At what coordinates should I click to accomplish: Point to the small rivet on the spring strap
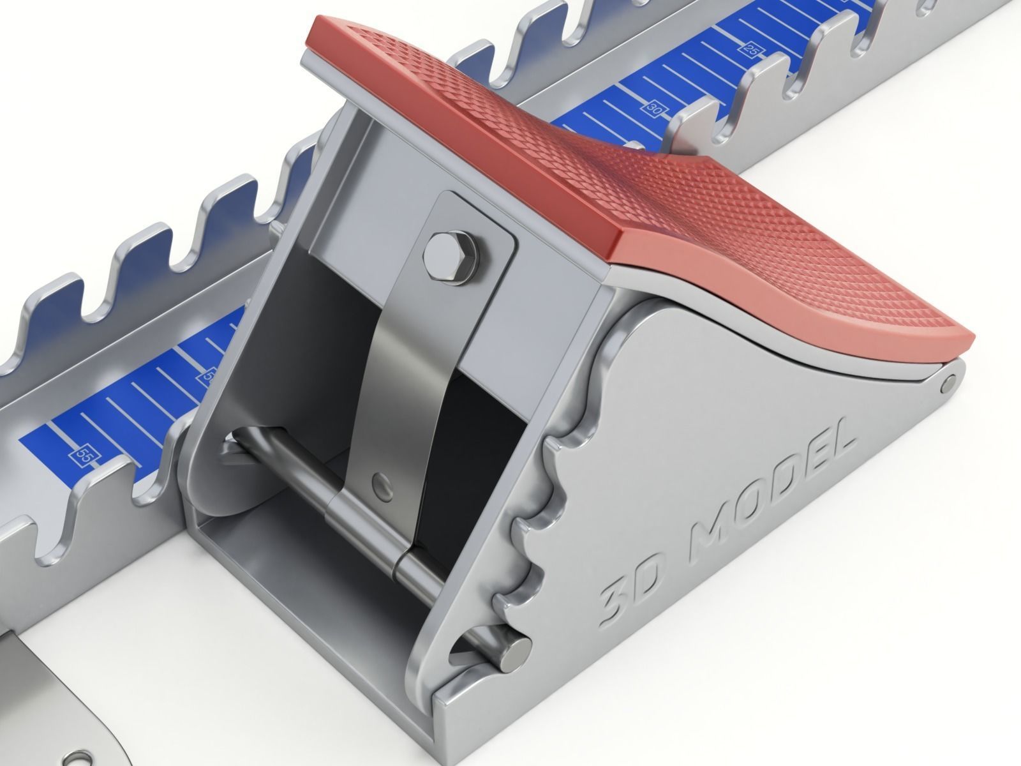(382, 479)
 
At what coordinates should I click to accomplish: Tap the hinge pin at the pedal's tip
(948, 382)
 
